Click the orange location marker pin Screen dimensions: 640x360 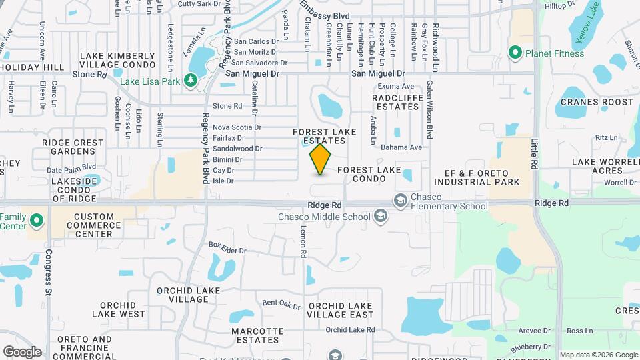tap(321, 159)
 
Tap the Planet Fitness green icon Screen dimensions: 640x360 tap(515, 52)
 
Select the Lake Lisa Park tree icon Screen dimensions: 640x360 tap(191, 80)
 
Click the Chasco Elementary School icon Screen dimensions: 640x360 tap(400, 200)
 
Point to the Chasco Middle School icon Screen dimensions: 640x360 tap(380, 216)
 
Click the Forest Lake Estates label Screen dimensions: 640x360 tap(325, 136)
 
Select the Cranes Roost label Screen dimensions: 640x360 tap(597, 102)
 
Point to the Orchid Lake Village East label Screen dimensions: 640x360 tap(341, 310)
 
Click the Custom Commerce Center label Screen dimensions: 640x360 tap(94, 225)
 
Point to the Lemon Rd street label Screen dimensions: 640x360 tap(302, 245)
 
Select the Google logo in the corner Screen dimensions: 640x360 tap(22, 351)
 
